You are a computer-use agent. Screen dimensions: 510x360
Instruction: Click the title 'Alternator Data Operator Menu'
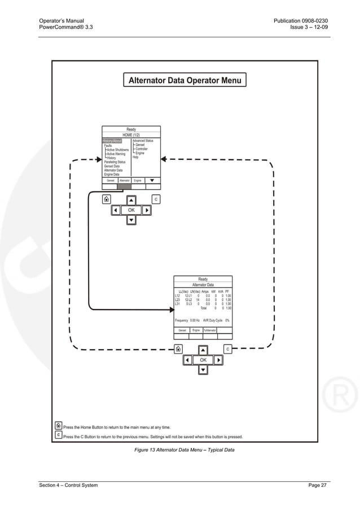pyautogui.click(x=185, y=80)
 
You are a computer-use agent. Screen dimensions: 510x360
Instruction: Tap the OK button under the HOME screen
pyautogui.click(x=131, y=210)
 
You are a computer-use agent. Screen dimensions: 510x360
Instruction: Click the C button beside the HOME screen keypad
pyautogui.click(x=156, y=199)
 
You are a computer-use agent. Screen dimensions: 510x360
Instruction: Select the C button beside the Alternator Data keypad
pyautogui.click(x=227, y=350)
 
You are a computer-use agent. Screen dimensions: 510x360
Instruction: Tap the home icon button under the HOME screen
pyautogui.click(x=106, y=199)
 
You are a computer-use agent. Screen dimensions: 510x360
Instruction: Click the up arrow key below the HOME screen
pyautogui.click(x=131, y=200)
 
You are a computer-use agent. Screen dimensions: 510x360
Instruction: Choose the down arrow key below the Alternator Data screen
pyautogui.click(x=203, y=370)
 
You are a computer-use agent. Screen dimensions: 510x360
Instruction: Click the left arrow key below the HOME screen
pyautogui.click(x=115, y=210)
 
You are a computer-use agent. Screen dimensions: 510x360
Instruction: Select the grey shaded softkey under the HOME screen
pyautogui.click(x=124, y=186)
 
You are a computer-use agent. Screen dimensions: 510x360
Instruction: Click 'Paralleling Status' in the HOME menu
pyautogui.click(x=115, y=162)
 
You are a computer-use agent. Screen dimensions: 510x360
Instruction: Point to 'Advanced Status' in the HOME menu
pyautogui.click(x=142, y=141)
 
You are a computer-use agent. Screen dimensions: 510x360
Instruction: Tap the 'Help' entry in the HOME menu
pyautogui.click(x=135, y=157)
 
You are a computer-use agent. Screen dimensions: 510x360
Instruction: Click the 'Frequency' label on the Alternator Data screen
pyautogui.click(x=181, y=320)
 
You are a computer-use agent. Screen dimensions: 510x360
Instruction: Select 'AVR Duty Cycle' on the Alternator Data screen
pyautogui.click(x=212, y=320)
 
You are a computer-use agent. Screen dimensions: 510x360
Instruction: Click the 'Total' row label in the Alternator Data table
pyautogui.click(x=204, y=308)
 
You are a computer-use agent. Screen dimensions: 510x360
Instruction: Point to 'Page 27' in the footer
pyautogui.click(x=317, y=485)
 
